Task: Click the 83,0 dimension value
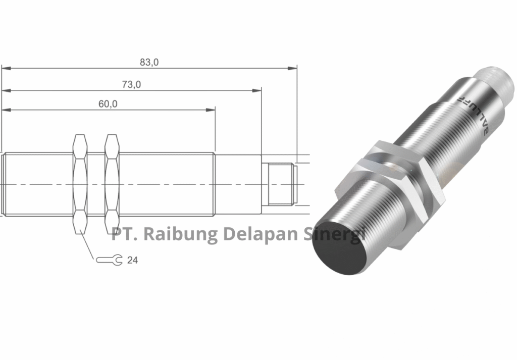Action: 149,62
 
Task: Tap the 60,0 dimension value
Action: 108,104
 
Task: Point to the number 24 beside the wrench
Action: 132,260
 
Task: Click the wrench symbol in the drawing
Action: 109,260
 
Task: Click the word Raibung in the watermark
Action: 177,234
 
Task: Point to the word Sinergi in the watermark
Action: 334,234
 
